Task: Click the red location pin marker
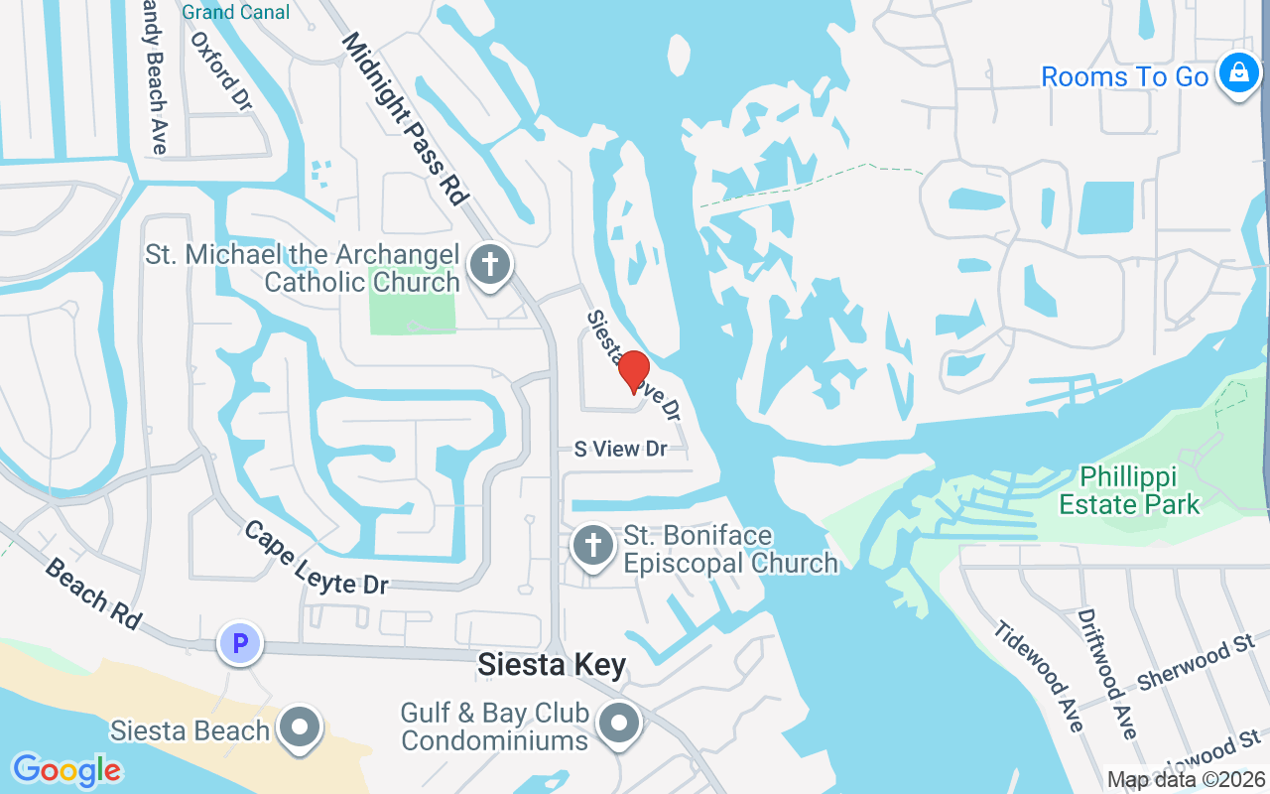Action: pos(634,372)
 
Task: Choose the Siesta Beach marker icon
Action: pos(300,729)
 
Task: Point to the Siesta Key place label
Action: pos(552,665)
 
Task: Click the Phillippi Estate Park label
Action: pos(1129,490)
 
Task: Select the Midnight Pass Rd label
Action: pos(404,118)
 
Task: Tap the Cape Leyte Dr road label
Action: pos(317,558)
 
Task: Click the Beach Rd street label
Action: pos(92,593)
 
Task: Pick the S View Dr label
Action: pos(621,449)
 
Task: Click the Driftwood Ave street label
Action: pos(1105,673)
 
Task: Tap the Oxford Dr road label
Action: pos(221,70)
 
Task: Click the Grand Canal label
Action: pos(236,12)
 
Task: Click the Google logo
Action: pos(66,770)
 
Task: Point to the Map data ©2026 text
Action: pos(1187,780)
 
